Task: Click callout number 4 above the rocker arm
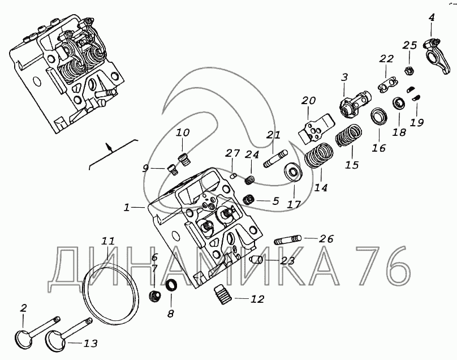432,18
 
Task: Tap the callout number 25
410,46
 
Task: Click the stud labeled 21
275,157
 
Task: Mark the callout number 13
91,343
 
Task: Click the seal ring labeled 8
171,285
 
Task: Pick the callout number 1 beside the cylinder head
127,208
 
